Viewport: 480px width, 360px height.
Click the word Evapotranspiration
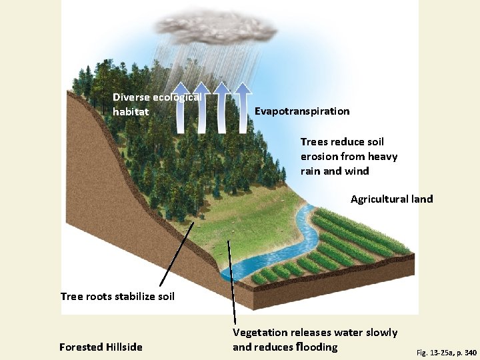tap(302, 111)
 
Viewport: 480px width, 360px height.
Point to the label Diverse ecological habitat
tap(157, 104)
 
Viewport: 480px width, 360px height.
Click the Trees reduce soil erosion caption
tap(349, 156)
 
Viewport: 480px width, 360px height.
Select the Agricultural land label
tap(391, 199)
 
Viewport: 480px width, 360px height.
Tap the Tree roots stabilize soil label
tap(117, 296)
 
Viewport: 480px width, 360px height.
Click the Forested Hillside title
tap(101, 347)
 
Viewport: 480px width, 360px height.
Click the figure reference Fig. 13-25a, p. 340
tap(446, 351)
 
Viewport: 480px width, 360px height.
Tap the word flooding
tap(315, 347)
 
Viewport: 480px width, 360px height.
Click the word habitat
tap(131, 112)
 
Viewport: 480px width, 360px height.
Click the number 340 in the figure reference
tap(469, 351)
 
